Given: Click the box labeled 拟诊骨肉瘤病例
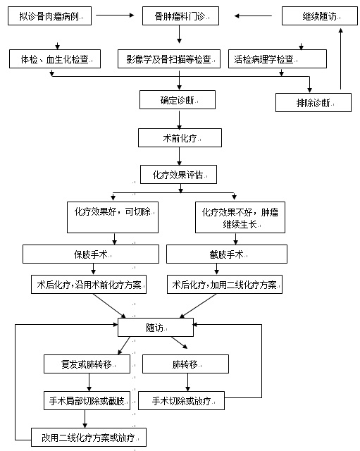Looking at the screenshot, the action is (49, 16).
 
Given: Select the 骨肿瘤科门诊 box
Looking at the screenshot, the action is (180, 16).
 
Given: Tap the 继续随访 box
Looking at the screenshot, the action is (320, 16).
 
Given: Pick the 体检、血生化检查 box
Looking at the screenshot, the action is (55, 59).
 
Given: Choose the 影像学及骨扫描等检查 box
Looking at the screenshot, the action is (169, 59).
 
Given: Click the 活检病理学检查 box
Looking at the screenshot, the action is (278, 59).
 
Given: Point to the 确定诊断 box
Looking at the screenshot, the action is (178, 100).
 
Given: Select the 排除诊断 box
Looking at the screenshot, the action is (314, 102).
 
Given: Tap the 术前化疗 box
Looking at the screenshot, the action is (180, 138).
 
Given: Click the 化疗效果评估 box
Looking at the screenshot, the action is (178, 174).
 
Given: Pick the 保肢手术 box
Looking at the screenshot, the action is (91, 254).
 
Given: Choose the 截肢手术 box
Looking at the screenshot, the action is (227, 254).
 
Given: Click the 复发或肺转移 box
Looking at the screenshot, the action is (87, 364).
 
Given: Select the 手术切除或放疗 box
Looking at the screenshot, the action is (182, 401).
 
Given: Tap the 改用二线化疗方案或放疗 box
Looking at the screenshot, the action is (89, 438).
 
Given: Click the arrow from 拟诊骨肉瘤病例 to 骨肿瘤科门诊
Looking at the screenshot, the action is (115, 16).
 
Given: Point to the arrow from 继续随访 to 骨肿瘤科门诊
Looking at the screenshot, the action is (253, 16).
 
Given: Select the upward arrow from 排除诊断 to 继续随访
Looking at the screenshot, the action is (341, 58).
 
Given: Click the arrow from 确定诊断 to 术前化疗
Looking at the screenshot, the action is (179, 121).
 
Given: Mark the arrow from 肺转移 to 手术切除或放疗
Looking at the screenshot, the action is (188, 382).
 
